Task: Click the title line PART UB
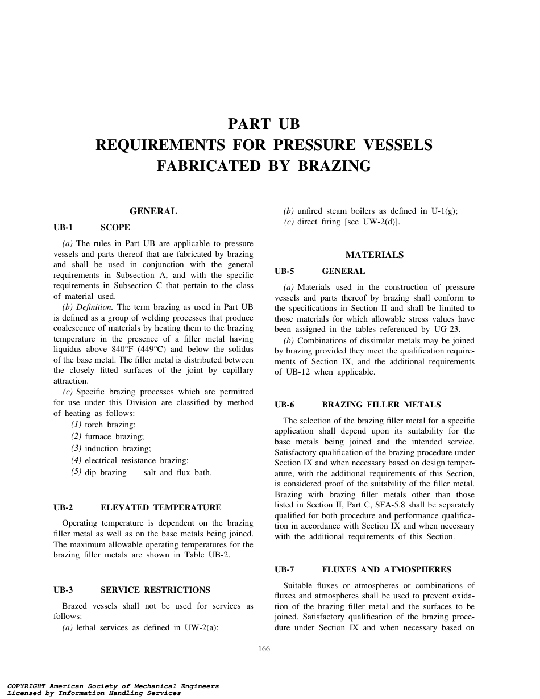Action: [x=264, y=124]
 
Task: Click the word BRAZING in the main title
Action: [x=340, y=166]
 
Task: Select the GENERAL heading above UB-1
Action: [x=153, y=211]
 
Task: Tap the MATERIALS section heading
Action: [x=374, y=255]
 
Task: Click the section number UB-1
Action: [x=63, y=227]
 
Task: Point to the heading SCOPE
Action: [x=115, y=227]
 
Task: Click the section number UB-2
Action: [x=63, y=507]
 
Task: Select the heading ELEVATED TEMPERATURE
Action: [x=161, y=507]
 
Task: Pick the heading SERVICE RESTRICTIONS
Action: [x=155, y=590]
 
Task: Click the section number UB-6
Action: [x=284, y=405]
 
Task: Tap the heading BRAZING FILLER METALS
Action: [x=381, y=405]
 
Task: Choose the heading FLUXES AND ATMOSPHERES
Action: [x=387, y=569]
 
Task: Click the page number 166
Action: [x=264, y=649]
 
